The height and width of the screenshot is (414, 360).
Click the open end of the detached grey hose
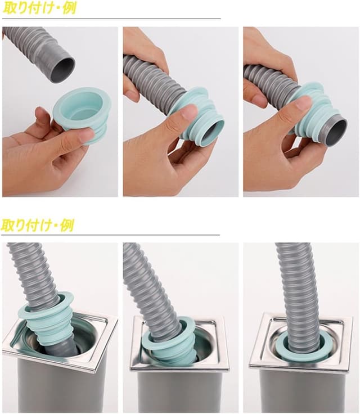[x=62, y=70]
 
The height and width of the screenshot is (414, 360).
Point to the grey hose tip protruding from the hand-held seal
[x=335, y=130]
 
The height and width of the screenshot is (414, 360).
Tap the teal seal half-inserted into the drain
[x=169, y=343]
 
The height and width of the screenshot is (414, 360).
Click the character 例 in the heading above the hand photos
[x=69, y=8]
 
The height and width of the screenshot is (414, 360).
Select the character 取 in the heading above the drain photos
[x=7, y=225]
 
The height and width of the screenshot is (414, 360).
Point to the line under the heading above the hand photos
[x=111, y=19]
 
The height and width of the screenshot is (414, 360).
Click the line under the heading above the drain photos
[x=110, y=235]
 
